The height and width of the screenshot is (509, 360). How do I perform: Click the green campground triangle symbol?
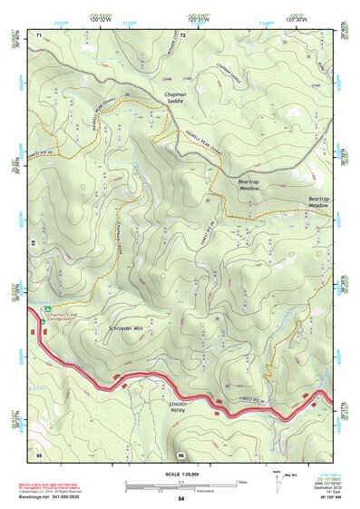point(41,319)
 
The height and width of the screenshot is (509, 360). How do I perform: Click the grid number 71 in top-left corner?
point(39,34)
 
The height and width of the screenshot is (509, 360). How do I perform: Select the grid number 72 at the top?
point(182,34)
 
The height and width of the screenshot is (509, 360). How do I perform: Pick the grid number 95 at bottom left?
point(39,454)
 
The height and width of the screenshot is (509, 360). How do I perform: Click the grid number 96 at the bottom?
point(181,454)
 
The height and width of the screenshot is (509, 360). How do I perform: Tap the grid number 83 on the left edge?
point(33,244)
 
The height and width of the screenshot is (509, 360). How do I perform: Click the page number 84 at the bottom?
point(181,499)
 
